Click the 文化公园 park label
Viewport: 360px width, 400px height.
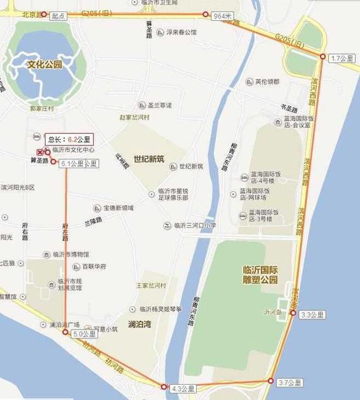coord(44,64)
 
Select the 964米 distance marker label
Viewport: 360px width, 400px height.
coord(223,15)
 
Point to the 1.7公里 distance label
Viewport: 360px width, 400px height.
coord(342,58)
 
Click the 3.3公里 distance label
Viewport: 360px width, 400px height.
coord(312,314)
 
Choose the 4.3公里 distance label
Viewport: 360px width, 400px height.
coord(183,387)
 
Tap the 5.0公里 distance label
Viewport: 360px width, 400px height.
coord(84,333)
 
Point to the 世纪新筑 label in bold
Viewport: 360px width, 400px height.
coord(149,159)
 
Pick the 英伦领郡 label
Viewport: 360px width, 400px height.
coord(267,81)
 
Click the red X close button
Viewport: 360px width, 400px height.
coord(40,152)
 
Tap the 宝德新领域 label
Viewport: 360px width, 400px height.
coord(118,208)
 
